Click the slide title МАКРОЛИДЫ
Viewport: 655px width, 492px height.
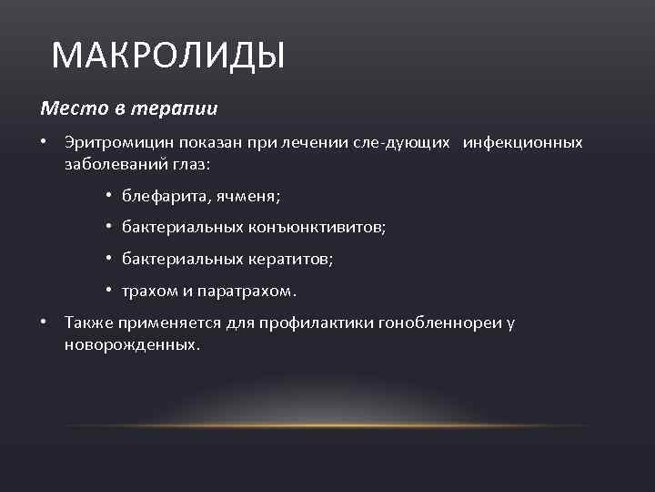[168, 56]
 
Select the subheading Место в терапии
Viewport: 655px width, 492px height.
[129, 108]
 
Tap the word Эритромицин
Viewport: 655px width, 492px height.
[107, 143]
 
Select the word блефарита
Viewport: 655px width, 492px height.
[159, 196]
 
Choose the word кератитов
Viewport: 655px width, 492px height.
[290, 260]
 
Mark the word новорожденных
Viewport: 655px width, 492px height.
[131, 345]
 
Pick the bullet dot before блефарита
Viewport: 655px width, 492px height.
[107, 197]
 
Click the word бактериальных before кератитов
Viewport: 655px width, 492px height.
[182, 260]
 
